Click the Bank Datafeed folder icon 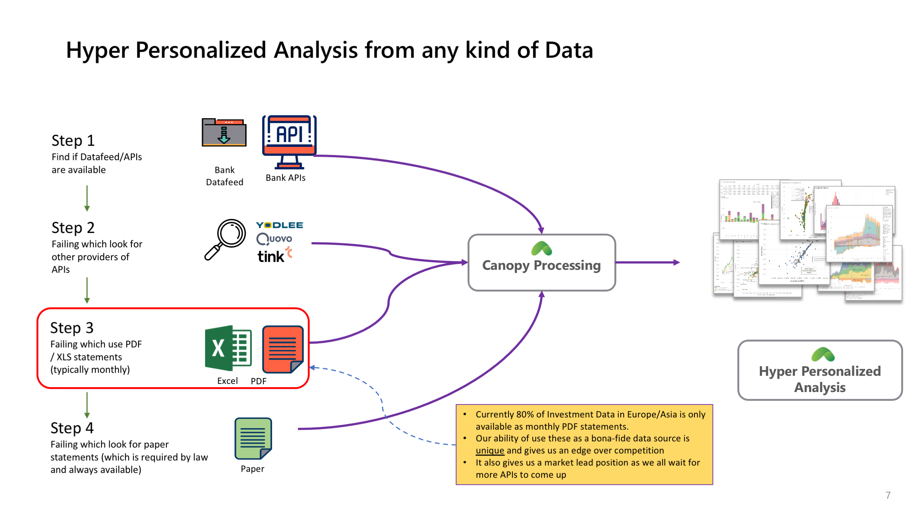tap(224, 133)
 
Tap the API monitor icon tap(289, 141)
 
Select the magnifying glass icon tap(226, 239)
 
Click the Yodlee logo tap(279, 225)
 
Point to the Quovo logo tap(274, 239)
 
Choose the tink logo tap(274, 255)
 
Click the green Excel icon tap(228, 348)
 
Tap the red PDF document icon tap(283, 349)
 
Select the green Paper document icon tap(253, 438)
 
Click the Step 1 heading tap(73, 141)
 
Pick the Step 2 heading tap(73, 228)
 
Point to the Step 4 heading tap(72, 428)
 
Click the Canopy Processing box tap(541, 262)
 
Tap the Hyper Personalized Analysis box tap(820, 370)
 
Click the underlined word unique tap(490, 450)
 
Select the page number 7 tap(888, 495)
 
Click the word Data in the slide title tap(569, 50)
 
